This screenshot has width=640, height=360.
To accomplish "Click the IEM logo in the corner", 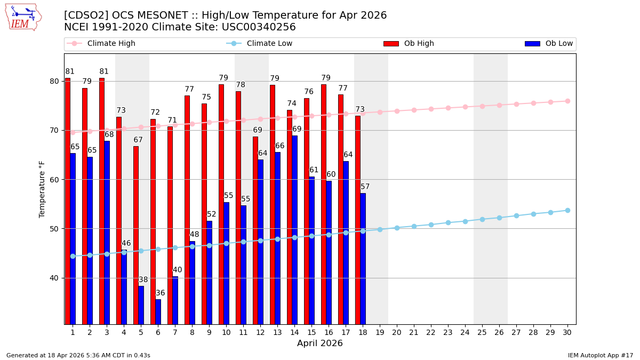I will [x=23, y=17].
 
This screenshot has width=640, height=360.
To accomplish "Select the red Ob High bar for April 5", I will [x=136, y=235].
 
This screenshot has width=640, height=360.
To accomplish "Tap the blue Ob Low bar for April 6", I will [x=158, y=311].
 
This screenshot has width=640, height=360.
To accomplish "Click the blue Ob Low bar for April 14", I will [x=294, y=229].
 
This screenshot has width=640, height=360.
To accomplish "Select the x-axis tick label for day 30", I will [x=567, y=332].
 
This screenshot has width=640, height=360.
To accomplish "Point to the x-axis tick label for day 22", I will [x=431, y=332].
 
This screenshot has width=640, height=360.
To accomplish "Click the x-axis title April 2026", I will [x=320, y=344].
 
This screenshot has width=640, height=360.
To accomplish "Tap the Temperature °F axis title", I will [x=43, y=189].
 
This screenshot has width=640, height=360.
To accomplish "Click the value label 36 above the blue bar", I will [x=161, y=293].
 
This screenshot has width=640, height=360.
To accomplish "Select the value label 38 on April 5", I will [x=143, y=280].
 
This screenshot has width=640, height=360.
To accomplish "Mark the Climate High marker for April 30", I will [x=567, y=101].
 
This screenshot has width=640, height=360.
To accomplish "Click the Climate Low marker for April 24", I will [x=465, y=221].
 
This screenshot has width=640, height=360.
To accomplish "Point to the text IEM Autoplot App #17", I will [x=601, y=355].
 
